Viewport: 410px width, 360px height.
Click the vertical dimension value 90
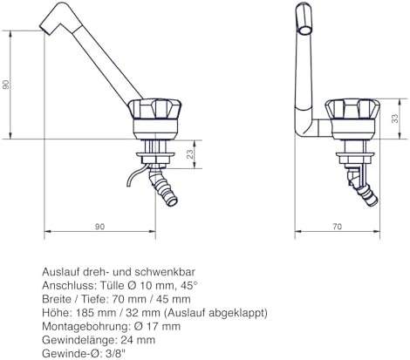pyautogui.click(x=6, y=85)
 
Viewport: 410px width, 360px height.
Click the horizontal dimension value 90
pyautogui.click(x=99, y=227)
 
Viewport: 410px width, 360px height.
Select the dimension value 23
pyautogui.click(x=189, y=154)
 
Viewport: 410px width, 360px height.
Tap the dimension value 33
pyautogui.click(x=394, y=119)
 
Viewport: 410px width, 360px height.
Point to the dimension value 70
pyautogui.click(x=338, y=227)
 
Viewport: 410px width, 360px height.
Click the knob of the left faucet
pyautogui.click(x=154, y=109)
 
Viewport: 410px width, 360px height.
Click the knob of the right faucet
pyautogui.click(x=352, y=109)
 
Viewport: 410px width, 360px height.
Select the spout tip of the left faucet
pyautogui.click(x=44, y=29)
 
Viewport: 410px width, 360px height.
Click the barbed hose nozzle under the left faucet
pyautogui.click(x=162, y=187)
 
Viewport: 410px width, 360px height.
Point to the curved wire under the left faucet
pyautogui.click(x=136, y=175)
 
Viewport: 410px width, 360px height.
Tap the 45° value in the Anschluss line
pyautogui.click(x=190, y=285)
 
